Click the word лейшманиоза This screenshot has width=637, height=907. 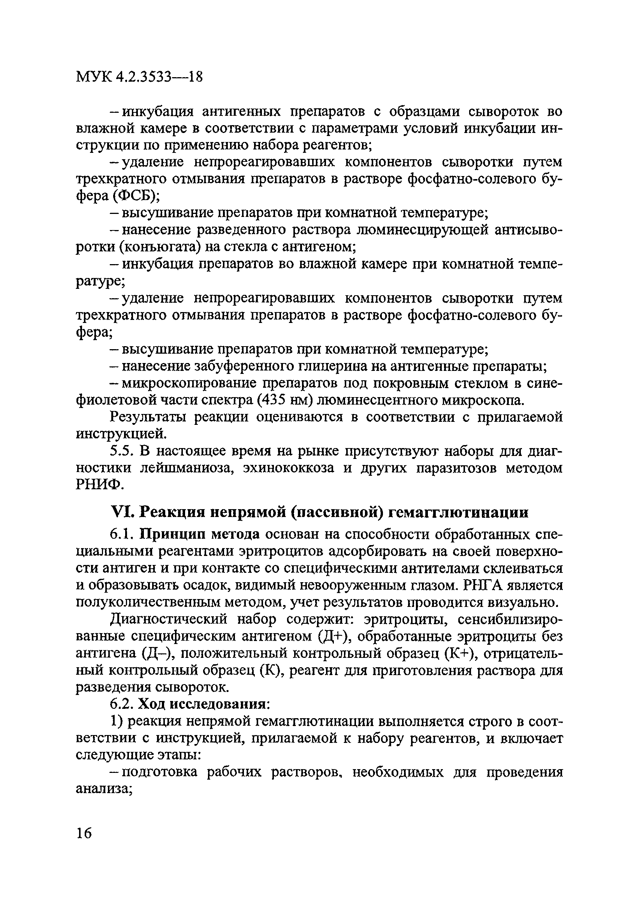[x=187, y=468]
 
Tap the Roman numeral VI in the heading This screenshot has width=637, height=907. [x=119, y=513]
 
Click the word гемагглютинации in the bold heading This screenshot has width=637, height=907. [x=459, y=513]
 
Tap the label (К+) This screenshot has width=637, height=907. [x=458, y=653]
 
